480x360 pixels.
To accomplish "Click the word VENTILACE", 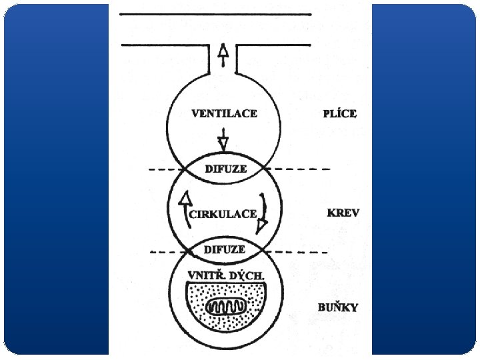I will pyautogui.click(x=224, y=114).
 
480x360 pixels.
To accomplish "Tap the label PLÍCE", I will pyautogui.click(x=339, y=114).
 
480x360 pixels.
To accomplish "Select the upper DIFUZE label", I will pyautogui.click(x=225, y=169).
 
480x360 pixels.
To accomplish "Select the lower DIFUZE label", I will pyautogui.click(x=224, y=249).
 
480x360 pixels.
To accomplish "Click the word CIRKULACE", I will pyautogui.click(x=223, y=214).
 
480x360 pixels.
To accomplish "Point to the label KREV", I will pyautogui.click(x=343, y=213).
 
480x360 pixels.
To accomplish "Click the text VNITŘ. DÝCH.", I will pyautogui.click(x=226, y=275).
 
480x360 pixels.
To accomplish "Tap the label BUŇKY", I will pyautogui.click(x=338, y=307).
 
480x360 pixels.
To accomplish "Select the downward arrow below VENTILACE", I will pyautogui.click(x=223, y=140).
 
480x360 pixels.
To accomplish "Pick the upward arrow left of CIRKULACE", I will pyautogui.click(x=185, y=206).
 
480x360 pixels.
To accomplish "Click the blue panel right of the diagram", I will pyautogui.click(x=423, y=180).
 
